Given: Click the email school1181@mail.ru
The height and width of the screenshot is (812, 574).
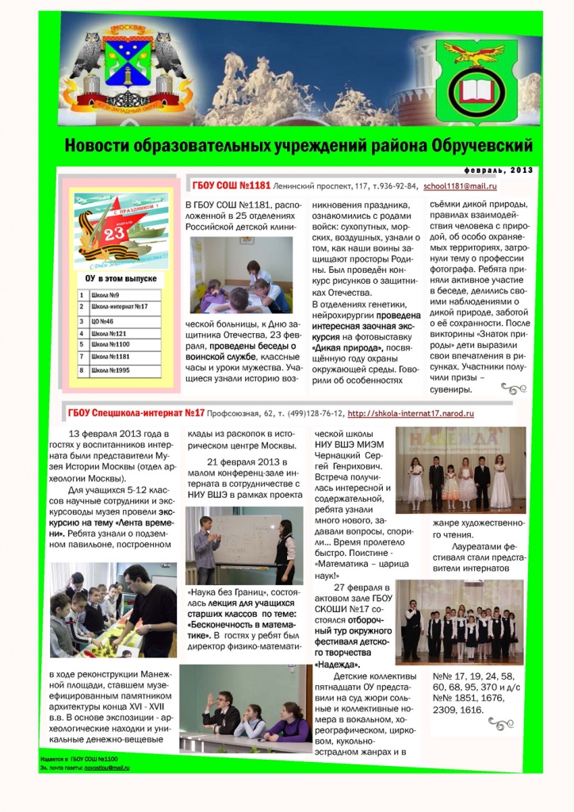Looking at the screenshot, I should (x=460, y=186).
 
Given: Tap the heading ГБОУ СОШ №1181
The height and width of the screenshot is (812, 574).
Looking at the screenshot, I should (x=232, y=186).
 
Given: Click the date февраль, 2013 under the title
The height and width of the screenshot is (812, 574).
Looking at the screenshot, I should (x=499, y=170).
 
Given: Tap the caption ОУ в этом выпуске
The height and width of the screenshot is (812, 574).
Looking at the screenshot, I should (x=121, y=278).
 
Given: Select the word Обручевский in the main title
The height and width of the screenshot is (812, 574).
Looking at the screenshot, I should (x=482, y=147).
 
